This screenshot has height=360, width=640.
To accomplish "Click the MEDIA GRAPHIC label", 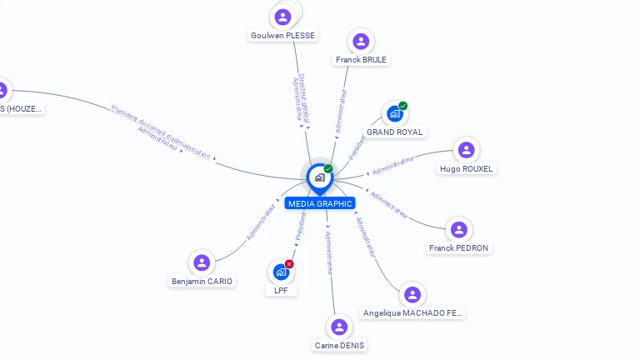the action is (x=320, y=203).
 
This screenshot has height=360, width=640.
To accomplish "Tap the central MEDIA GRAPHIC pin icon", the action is (x=319, y=177).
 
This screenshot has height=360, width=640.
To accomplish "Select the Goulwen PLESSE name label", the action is (x=283, y=35).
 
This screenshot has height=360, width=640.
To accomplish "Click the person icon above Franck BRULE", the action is (x=361, y=42).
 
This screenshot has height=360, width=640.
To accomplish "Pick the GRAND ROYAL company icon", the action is (x=394, y=114).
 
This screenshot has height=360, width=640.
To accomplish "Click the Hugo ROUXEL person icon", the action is (x=467, y=150).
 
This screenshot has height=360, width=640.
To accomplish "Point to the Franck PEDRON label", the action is (x=458, y=247).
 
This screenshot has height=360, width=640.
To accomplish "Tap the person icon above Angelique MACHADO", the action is (x=412, y=294).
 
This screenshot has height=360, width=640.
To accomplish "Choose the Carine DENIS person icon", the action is (x=339, y=327).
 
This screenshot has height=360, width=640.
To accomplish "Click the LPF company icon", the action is (x=281, y=272).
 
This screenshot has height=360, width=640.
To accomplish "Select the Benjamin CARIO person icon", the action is (x=202, y=262).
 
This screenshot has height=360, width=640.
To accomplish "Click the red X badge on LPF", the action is (x=289, y=264).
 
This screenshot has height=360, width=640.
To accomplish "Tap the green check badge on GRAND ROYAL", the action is (x=403, y=106).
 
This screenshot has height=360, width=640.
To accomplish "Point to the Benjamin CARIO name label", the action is (x=202, y=282).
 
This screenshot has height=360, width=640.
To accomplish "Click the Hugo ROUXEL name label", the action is (x=467, y=168).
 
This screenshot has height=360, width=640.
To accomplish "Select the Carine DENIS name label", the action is (x=339, y=345).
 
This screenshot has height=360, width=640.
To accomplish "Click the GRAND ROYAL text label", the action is (x=395, y=132).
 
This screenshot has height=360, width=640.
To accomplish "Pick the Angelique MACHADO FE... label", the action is (x=412, y=312).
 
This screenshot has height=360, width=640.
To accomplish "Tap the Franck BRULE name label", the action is (x=361, y=60).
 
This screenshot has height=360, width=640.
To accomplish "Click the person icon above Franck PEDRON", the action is (x=458, y=229).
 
